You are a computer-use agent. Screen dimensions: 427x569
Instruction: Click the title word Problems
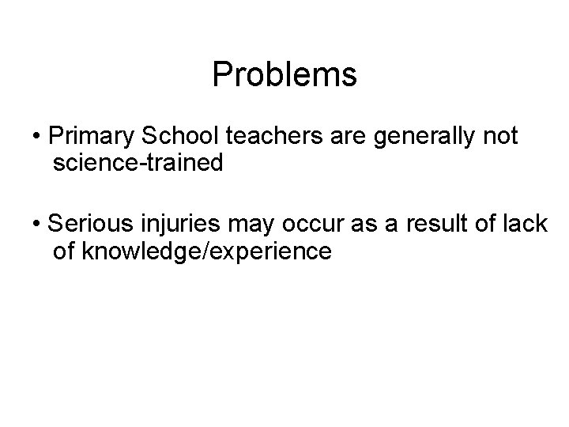coord(284,75)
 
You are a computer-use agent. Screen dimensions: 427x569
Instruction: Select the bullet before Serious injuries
coord(37,225)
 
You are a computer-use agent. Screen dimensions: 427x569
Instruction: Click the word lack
coord(524,224)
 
